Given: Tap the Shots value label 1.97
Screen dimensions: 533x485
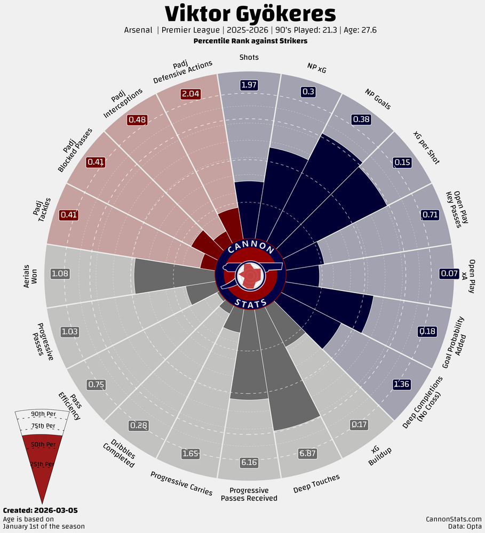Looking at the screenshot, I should (x=249, y=85).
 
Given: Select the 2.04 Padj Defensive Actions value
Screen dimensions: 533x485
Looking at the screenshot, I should (x=190, y=94).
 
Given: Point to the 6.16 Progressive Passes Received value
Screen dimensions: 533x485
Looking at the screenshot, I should (x=249, y=462).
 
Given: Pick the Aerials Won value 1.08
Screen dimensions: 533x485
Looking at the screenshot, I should (x=60, y=274).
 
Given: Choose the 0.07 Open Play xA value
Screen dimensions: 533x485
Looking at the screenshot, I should (x=449, y=274).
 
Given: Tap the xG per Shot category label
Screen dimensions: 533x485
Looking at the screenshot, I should (x=426, y=147).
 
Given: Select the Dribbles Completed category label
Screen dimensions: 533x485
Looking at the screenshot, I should (x=120, y=452).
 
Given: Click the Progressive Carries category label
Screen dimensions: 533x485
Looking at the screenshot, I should (x=181, y=483).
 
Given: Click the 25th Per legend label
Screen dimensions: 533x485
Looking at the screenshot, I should (x=42, y=464).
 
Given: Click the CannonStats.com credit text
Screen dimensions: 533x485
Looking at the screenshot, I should (x=454, y=519).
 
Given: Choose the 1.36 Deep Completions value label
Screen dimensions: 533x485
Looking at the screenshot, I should (x=402, y=384).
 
